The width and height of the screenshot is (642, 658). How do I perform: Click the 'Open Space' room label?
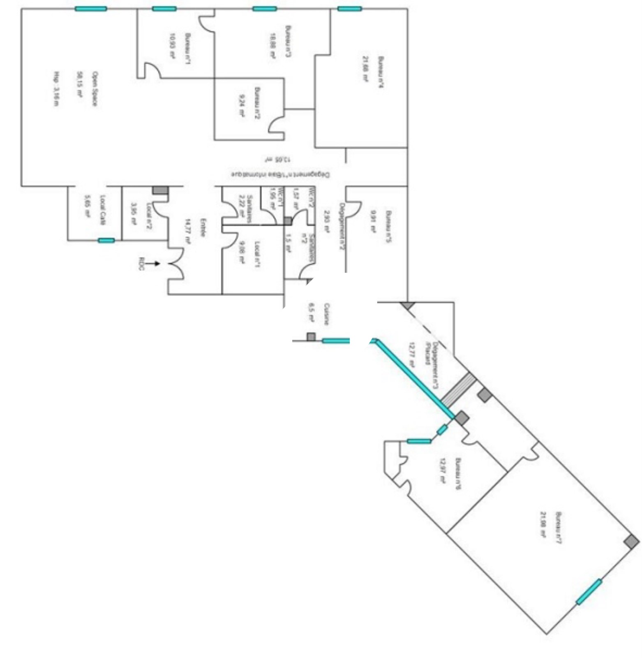click(94, 89)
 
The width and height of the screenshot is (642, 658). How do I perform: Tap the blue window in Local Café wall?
click(106, 241)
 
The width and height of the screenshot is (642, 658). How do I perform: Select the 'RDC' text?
click(141, 264)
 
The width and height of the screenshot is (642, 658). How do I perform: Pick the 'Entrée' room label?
click(202, 227)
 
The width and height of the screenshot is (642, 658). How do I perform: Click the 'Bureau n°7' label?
click(558, 528)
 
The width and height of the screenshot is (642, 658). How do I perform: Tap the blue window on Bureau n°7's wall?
click(589, 592)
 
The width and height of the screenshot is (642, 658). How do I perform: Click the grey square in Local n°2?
click(160, 190)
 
